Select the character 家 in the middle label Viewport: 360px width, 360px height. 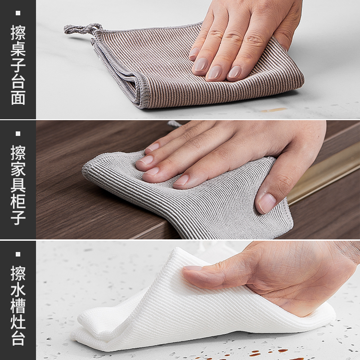(x=18, y=170)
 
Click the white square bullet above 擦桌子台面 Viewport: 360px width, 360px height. (x=18, y=13)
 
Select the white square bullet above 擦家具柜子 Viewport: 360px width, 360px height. (x=18, y=134)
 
